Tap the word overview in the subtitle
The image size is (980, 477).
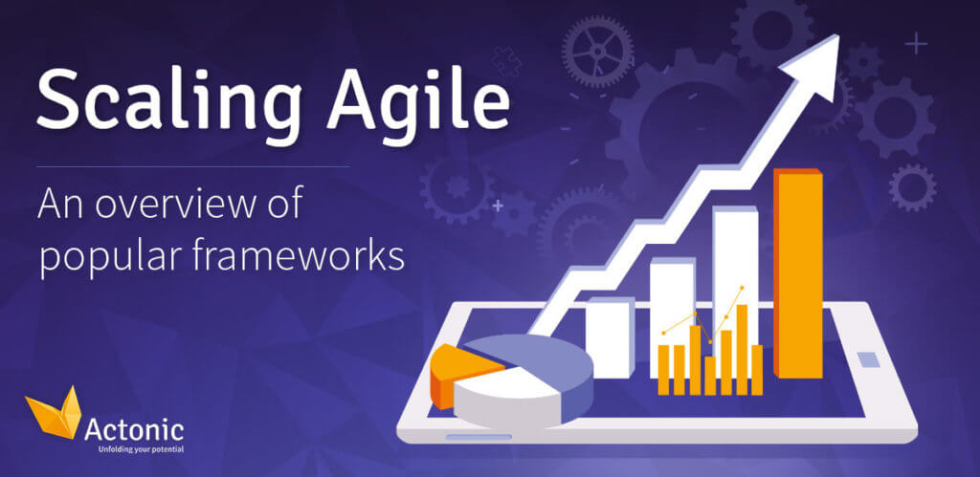(188, 205)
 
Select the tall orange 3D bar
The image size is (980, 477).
(798, 273)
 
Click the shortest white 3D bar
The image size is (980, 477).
(610, 337)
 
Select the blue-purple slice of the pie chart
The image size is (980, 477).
(544, 362)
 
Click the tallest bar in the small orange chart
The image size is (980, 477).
(742, 350)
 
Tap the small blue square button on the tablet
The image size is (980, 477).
(867, 359)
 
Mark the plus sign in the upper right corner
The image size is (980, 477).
(917, 44)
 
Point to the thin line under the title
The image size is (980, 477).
(193, 167)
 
